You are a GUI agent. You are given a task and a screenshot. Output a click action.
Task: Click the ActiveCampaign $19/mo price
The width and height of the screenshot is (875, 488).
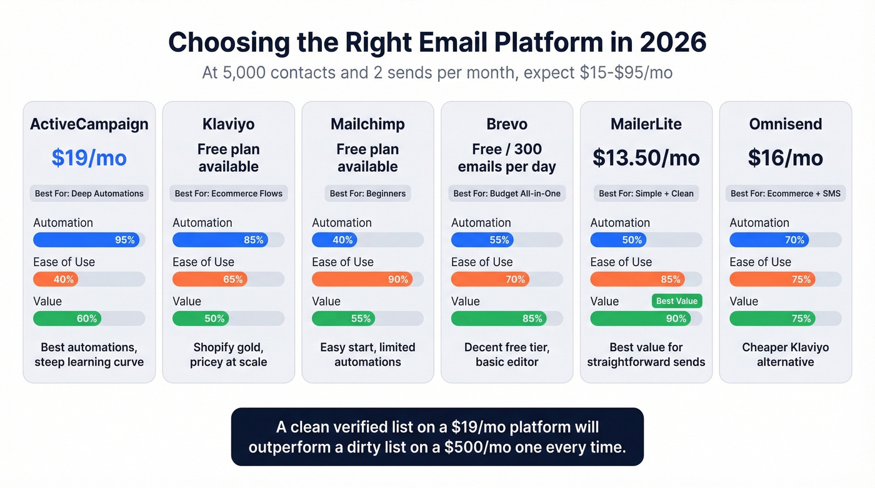point(89,158)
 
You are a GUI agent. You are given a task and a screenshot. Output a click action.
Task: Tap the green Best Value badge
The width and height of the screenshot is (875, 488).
point(676,301)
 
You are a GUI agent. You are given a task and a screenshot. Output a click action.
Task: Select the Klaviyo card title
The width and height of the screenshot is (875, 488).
point(228,124)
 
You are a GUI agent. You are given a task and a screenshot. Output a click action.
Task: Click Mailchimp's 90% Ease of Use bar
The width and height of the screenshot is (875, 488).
point(362,279)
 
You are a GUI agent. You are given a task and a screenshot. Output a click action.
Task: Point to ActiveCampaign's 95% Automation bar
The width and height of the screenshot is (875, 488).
point(86,240)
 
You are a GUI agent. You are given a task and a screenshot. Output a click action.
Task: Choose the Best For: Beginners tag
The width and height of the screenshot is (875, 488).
point(367,193)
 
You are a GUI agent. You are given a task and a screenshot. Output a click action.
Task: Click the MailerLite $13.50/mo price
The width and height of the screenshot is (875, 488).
point(646,158)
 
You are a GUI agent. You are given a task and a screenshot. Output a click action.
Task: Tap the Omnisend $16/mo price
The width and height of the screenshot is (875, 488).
point(785,158)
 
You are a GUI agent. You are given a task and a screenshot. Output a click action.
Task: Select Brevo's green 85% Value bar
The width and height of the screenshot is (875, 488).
point(498,319)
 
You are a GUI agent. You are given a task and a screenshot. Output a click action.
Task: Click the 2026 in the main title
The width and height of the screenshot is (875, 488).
point(672,42)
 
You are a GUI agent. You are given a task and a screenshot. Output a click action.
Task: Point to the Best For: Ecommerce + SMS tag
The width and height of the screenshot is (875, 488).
point(785,193)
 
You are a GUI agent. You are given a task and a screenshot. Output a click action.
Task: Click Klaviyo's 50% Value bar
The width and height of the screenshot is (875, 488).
point(200,319)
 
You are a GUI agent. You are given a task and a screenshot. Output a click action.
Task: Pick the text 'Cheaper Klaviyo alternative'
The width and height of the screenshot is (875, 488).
point(785,354)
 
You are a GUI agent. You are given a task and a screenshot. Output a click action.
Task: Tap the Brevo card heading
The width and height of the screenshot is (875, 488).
point(506,124)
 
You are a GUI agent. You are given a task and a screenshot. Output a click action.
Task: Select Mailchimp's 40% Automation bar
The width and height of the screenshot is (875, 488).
point(329,240)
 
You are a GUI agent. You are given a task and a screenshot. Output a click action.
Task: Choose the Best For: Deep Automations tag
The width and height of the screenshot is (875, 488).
point(89,193)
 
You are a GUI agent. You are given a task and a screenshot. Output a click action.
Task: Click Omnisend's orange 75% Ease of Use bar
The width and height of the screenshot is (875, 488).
point(772,279)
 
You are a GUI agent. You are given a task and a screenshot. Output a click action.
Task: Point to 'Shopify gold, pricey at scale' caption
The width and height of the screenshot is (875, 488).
point(228,354)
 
